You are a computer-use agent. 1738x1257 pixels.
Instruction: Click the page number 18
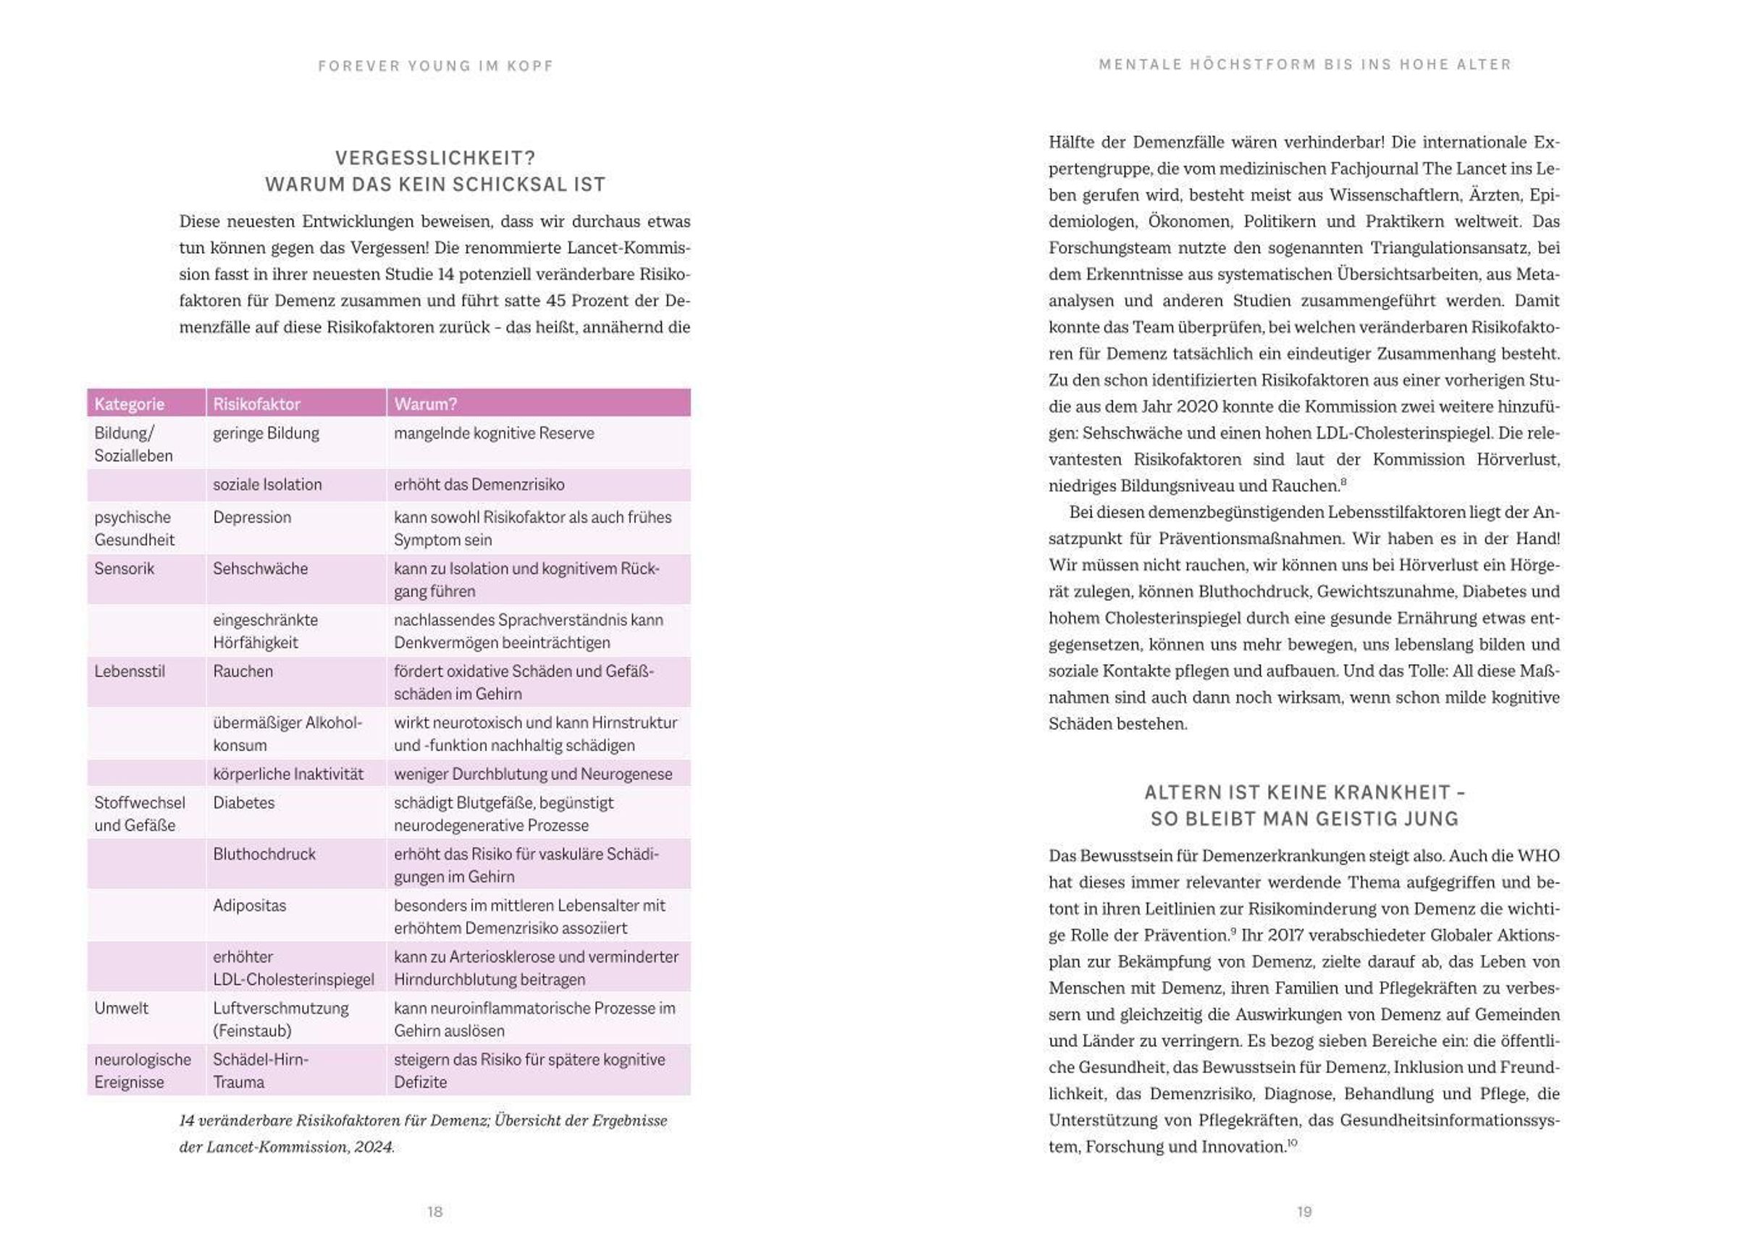click(x=434, y=1211)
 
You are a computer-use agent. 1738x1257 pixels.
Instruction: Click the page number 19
click(x=1303, y=1211)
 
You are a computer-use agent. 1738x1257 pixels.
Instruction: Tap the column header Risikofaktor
click(x=256, y=404)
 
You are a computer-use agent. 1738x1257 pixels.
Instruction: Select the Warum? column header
click(x=425, y=404)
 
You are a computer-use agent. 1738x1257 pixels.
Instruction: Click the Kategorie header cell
click(x=129, y=404)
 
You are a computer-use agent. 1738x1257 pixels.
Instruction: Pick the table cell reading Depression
click(x=251, y=517)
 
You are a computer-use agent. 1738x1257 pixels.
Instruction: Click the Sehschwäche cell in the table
click(x=260, y=568)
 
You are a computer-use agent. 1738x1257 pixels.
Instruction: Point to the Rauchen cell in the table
click(x=242, y=671)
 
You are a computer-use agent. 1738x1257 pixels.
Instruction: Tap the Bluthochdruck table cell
click(x=264, y=854)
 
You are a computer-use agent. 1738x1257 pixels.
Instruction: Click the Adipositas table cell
click(x=249, y=905)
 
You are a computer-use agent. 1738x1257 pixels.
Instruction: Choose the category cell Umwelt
click(x=121, y=1008)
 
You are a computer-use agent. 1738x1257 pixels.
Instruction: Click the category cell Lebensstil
click(x=129, y=671)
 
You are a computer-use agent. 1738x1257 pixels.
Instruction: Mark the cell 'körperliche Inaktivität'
click(x=288, y=773)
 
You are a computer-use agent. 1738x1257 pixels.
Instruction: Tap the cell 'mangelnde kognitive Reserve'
click(x=493, y=433)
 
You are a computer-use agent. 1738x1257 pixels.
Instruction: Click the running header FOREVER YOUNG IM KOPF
click(x=435, y=66)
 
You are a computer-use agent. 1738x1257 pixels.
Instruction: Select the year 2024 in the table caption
click(x=373, y=1147)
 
